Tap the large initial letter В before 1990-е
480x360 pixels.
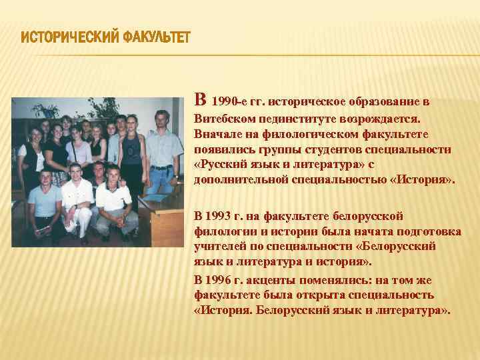point(199,100)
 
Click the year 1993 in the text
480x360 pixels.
point(220,216)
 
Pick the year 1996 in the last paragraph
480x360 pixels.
point(220,280)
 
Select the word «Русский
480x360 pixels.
point(221,165)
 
